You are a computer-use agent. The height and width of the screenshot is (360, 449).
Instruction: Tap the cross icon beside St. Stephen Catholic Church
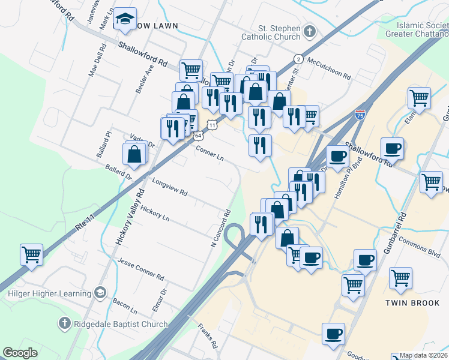point(310,31)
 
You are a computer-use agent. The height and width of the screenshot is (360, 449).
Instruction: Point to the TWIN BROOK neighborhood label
point(412,303)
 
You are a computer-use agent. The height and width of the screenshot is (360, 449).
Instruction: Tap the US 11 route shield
point(212,124)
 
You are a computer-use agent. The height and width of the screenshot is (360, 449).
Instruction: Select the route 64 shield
point(198,136)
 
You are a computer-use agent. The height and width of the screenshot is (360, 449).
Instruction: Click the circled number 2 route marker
point(298,58)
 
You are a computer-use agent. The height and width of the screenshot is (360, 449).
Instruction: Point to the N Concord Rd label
point(221,229)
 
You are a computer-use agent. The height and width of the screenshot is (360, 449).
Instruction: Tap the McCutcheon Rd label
point(329,68)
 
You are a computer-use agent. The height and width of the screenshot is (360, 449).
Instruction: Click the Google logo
point(20,353)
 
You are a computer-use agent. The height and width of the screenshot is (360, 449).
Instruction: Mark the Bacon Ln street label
point(125,305)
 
